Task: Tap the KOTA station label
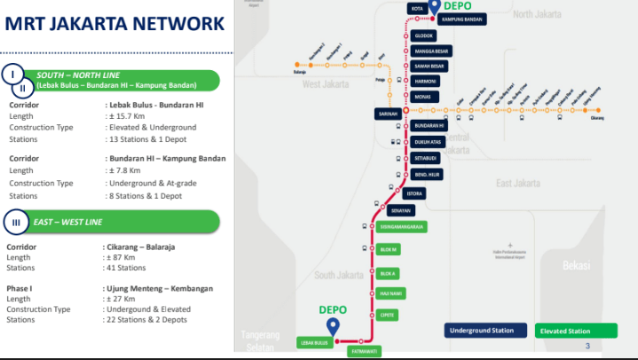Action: [417, 9]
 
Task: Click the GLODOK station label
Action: [425, 35]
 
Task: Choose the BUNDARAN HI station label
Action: [429, 126]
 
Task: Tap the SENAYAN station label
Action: [401, 210]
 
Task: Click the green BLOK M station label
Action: [388, 250]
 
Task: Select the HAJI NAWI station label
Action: [391, 292]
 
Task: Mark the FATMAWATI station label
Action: [362, 352]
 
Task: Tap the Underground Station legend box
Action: [482, 331]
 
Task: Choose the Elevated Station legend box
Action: [565, 331]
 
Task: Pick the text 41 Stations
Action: [125, 267]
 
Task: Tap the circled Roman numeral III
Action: [14, 221]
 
